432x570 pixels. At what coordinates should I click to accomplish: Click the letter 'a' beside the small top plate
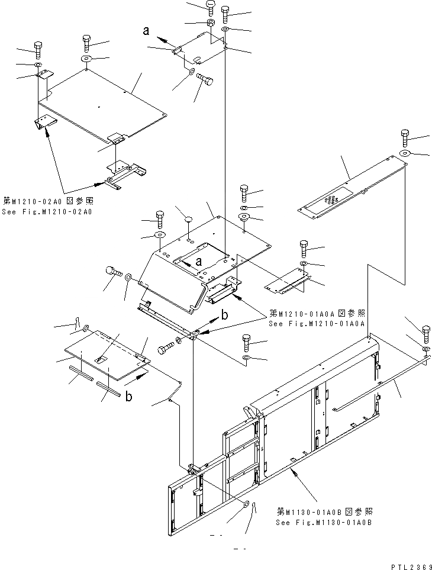tap(146, 32)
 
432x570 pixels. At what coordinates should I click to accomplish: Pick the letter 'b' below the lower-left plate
tap(128, 396)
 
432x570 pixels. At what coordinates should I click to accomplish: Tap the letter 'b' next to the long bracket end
tap(224, 316)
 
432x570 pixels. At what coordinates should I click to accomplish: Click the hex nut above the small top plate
tap(210, 23)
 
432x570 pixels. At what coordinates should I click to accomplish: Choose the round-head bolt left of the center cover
tap(112, 272)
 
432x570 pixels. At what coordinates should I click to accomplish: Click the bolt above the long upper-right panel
tap(405, 137)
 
